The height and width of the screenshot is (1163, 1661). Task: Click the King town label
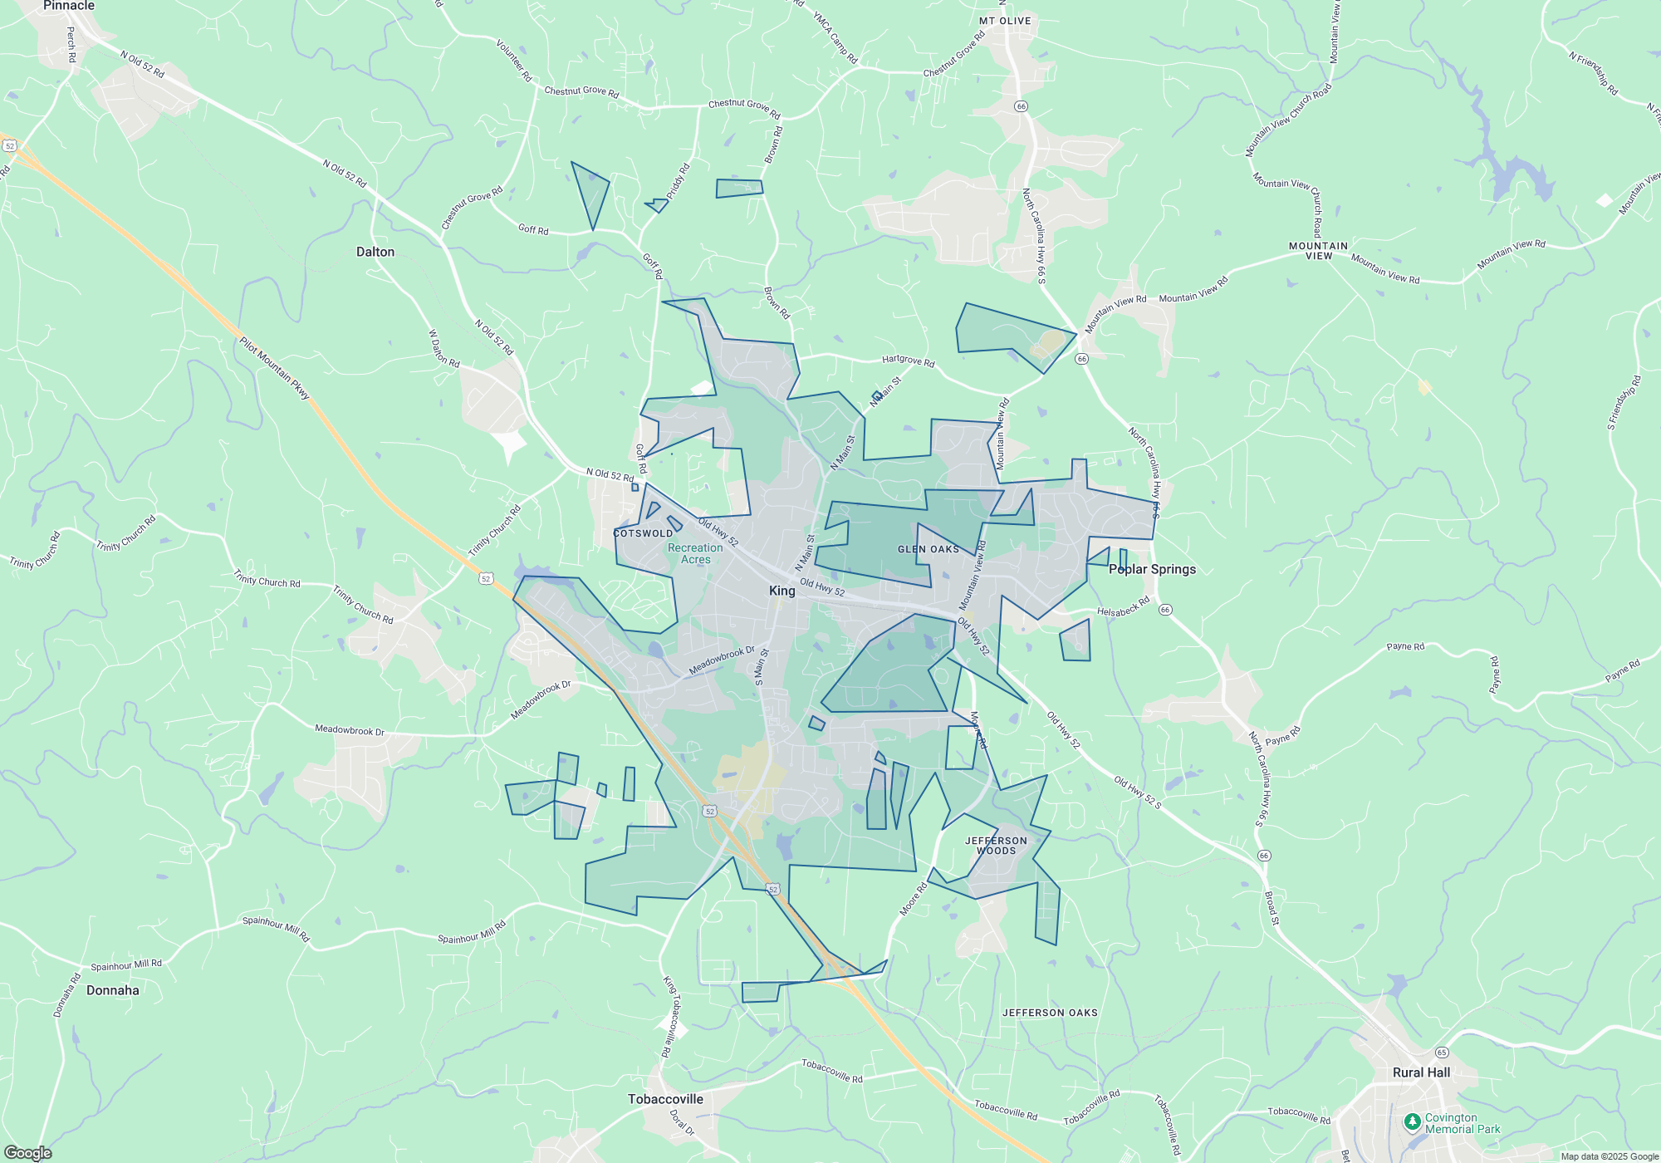pos(782,591)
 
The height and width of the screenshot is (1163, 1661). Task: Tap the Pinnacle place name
pos(69,6)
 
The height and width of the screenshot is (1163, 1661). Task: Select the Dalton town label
pos(375,252)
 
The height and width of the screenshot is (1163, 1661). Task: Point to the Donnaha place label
pos(113,990)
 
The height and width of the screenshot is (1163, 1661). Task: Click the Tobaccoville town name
pos(665,1099)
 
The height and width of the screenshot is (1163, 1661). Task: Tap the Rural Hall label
pos(1421,1072)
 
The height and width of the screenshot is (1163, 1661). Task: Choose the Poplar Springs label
pos(1152,569)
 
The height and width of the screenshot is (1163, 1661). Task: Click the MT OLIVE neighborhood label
pos(1005,21)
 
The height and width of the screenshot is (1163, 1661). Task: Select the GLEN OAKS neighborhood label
pos(928,549)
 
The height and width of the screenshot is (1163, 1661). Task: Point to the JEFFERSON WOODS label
pos(996,846)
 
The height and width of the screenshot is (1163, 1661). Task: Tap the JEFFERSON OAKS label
pos(1050,1013)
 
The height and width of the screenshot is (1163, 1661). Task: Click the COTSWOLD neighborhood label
pos(644,533)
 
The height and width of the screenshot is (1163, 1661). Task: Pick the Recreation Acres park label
pos(695,554)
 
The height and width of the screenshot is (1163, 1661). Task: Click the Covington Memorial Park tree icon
pos(1412,1122)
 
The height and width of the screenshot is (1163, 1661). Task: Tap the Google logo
pos(27,1153)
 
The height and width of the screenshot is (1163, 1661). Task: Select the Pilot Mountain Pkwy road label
pos(274,368)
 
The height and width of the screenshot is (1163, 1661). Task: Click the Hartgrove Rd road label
pos(908,361)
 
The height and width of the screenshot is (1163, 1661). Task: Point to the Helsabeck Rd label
pos(1123,607)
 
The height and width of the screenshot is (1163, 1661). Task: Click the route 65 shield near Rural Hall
pos(1442,1053)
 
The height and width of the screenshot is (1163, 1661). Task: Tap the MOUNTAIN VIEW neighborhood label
pos(1318,251)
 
